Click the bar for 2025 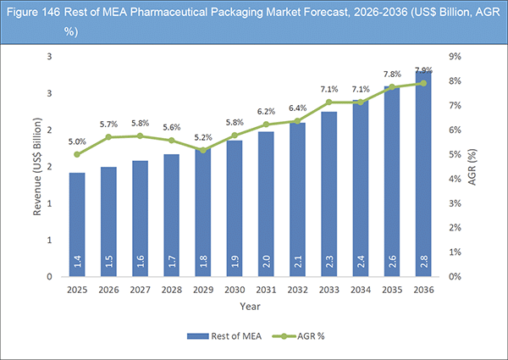click(77, 224)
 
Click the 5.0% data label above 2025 click(77, 141)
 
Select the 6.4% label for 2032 click(297, 108)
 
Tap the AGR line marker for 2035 click(391, 86)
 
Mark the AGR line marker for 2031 click(266, 125)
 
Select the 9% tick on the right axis click(455, 57)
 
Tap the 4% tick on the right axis click(455, 179)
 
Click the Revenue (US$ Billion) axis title click(38, 166)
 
